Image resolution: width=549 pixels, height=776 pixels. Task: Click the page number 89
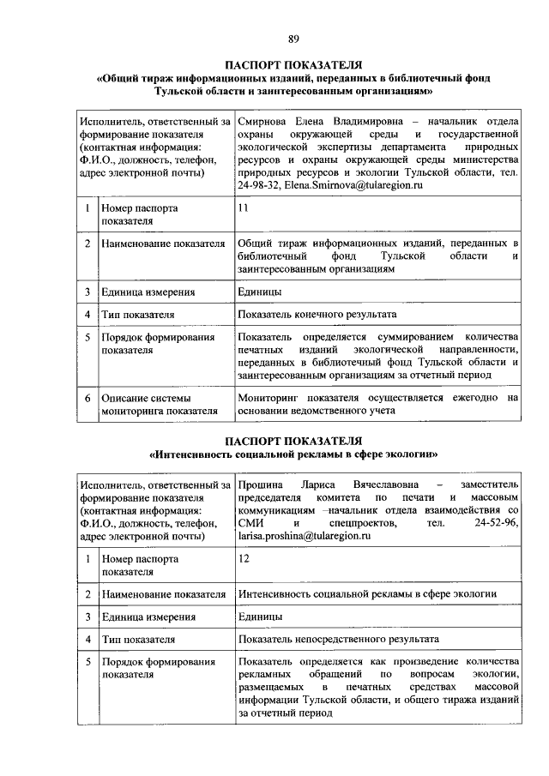click(293, 39)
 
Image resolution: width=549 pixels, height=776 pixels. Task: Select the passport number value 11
click(244, 208)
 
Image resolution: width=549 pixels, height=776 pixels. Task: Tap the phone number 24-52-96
click(497, 523)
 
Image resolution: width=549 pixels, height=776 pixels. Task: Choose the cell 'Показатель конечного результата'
click(317, 315)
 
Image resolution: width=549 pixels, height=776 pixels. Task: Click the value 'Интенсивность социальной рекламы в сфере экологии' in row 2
click(367, 593)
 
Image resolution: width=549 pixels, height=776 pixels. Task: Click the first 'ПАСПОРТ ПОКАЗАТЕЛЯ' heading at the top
click(293, 64)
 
